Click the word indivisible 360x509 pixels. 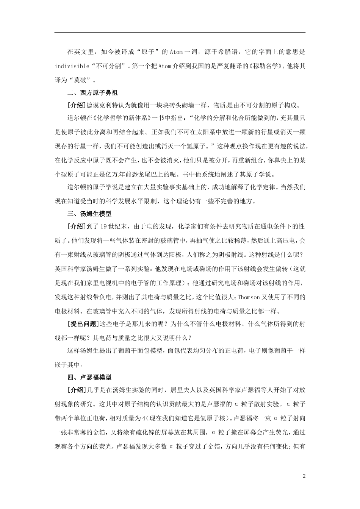pos(72,66)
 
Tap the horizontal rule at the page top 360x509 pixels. pos(180,33)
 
